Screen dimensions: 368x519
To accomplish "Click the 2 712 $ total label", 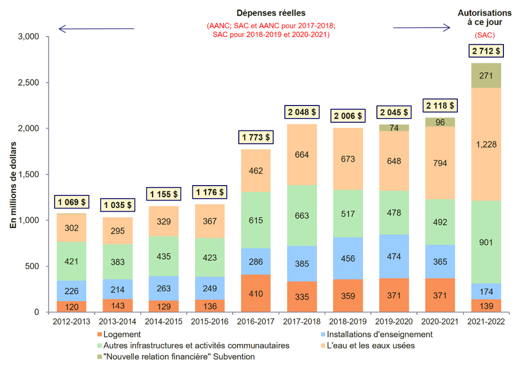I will [486, 51].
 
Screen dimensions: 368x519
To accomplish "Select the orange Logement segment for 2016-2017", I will [255, 293].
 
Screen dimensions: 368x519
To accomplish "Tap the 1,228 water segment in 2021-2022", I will [486, 144].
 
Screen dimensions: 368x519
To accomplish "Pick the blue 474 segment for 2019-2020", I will [394, 256].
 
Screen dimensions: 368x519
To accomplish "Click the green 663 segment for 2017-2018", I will [302, 215].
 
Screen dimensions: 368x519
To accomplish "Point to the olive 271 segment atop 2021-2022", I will [486, 75].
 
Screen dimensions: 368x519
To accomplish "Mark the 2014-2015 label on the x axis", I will [163, 322].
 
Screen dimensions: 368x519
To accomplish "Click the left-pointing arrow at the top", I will [96, 28].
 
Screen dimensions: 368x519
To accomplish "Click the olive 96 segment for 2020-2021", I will [440, 122].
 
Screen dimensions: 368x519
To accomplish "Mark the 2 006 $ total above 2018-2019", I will [348, 115].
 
